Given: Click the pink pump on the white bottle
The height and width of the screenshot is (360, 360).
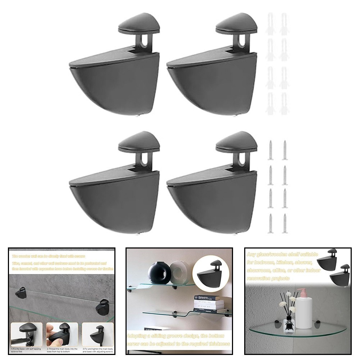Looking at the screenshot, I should coord(303,293).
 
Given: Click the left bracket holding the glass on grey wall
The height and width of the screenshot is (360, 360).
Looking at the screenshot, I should coord(21,292).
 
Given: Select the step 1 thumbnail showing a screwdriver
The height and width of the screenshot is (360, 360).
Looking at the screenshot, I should coord(25,334).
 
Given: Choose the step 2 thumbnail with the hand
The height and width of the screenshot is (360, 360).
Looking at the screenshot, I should coord(61,334).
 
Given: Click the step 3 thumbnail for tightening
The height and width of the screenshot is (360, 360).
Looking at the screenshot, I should coord(97,334).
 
